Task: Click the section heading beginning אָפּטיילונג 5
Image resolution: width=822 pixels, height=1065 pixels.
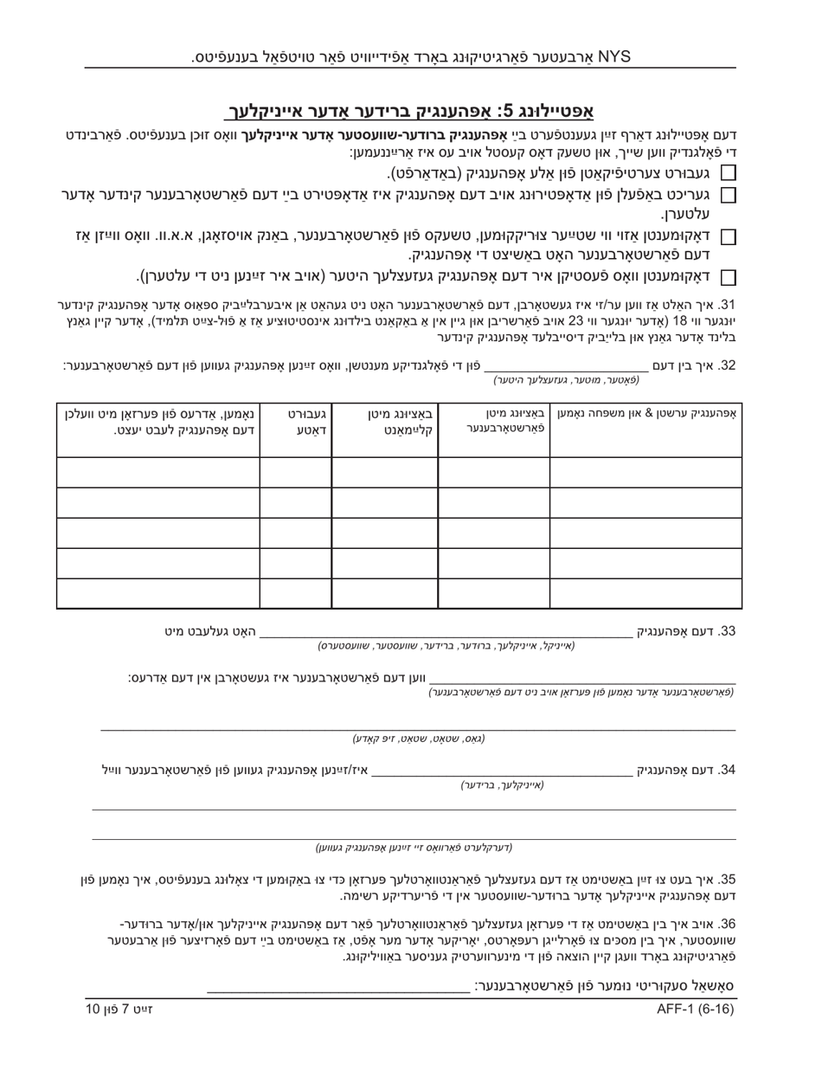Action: pos(409,111)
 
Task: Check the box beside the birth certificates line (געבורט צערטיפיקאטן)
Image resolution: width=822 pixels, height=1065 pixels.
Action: pos(729,173)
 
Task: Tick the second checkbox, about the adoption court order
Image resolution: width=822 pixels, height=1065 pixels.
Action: pos(729,196)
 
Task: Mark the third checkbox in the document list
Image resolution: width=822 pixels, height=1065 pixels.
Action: pos(729,236)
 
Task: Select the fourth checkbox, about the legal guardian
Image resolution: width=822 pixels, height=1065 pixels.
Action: pos(729,277)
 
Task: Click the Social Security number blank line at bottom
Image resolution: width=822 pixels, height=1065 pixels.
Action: pos(338,987)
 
